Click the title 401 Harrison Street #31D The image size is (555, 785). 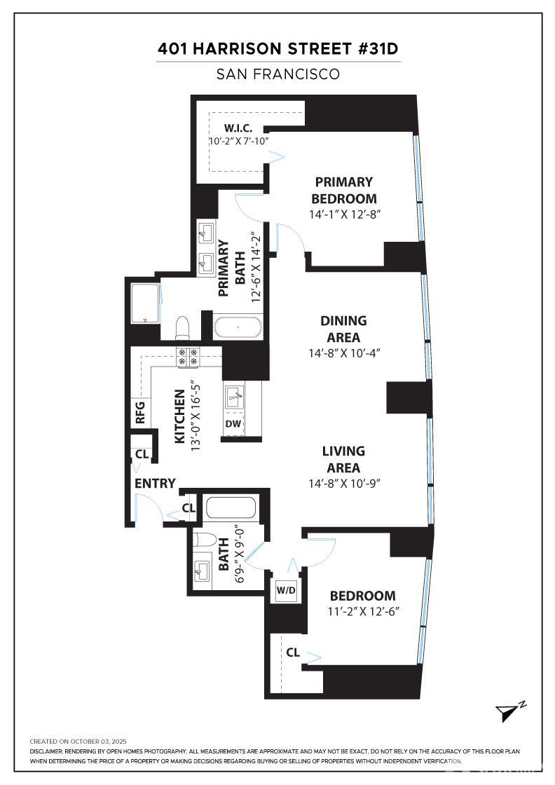click(x=278, y=49)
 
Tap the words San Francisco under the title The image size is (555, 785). click(x=278, y=74)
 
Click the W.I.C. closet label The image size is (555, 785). click(x=238, y=128)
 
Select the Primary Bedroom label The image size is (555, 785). click(x=343, y=190)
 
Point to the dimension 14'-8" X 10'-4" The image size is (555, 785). click(x=343, y=353)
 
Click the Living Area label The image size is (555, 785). click(x=343, y=459)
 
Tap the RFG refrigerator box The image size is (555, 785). click(x=140, y=412)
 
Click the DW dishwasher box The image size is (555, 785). click(x=233, y=424)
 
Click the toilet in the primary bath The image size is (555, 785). click(x=183, y=328)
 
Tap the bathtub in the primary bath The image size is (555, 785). click(x=239, y=327)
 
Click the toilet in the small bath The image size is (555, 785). click(x=205, y=540)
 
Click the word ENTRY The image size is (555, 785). click(x=155, y=484)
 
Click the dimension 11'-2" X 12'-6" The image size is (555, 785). click(x=363, y=611)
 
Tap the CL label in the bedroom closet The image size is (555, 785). click(x=293, y=653)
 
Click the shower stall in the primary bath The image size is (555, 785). click(x=145, y=303)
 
